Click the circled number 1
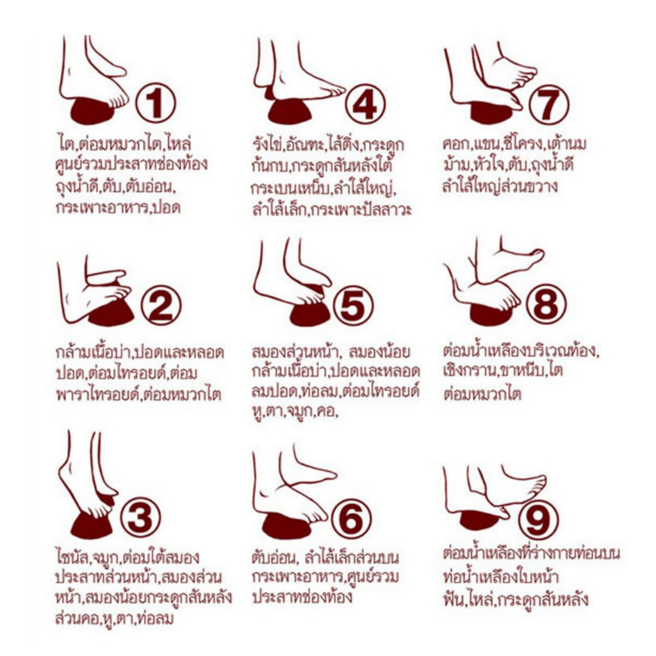tap(156, 103)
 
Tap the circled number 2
tap(161, 305)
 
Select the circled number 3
tap(140, 517)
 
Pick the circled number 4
tap(365, 104)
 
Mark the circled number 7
tap(548, 104)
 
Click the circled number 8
tap(546, 303)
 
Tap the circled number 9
tap(538, 520)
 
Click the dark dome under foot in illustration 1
tap(93, 110)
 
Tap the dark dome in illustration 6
tap(287, 525)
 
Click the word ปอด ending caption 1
tap(167, 207)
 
